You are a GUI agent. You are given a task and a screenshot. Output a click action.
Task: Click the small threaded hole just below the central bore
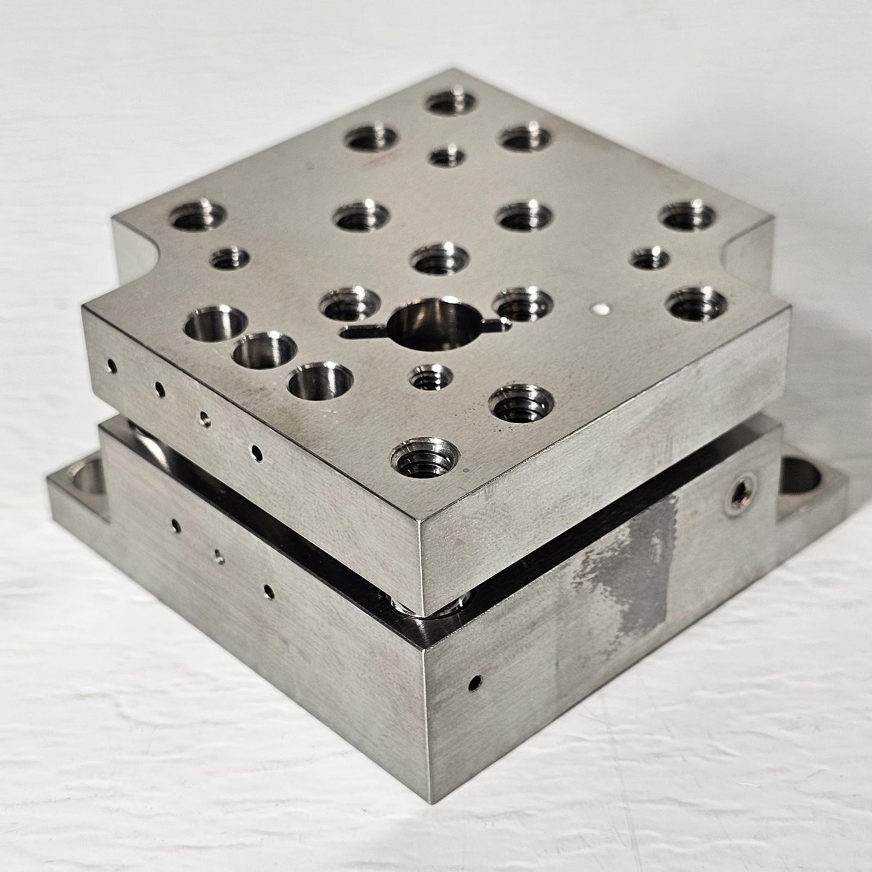[x=431, y=378]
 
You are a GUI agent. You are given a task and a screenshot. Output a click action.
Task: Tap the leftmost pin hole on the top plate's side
[x=111, y=366]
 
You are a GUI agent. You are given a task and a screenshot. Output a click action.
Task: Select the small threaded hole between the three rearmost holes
[x=447, y=157]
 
